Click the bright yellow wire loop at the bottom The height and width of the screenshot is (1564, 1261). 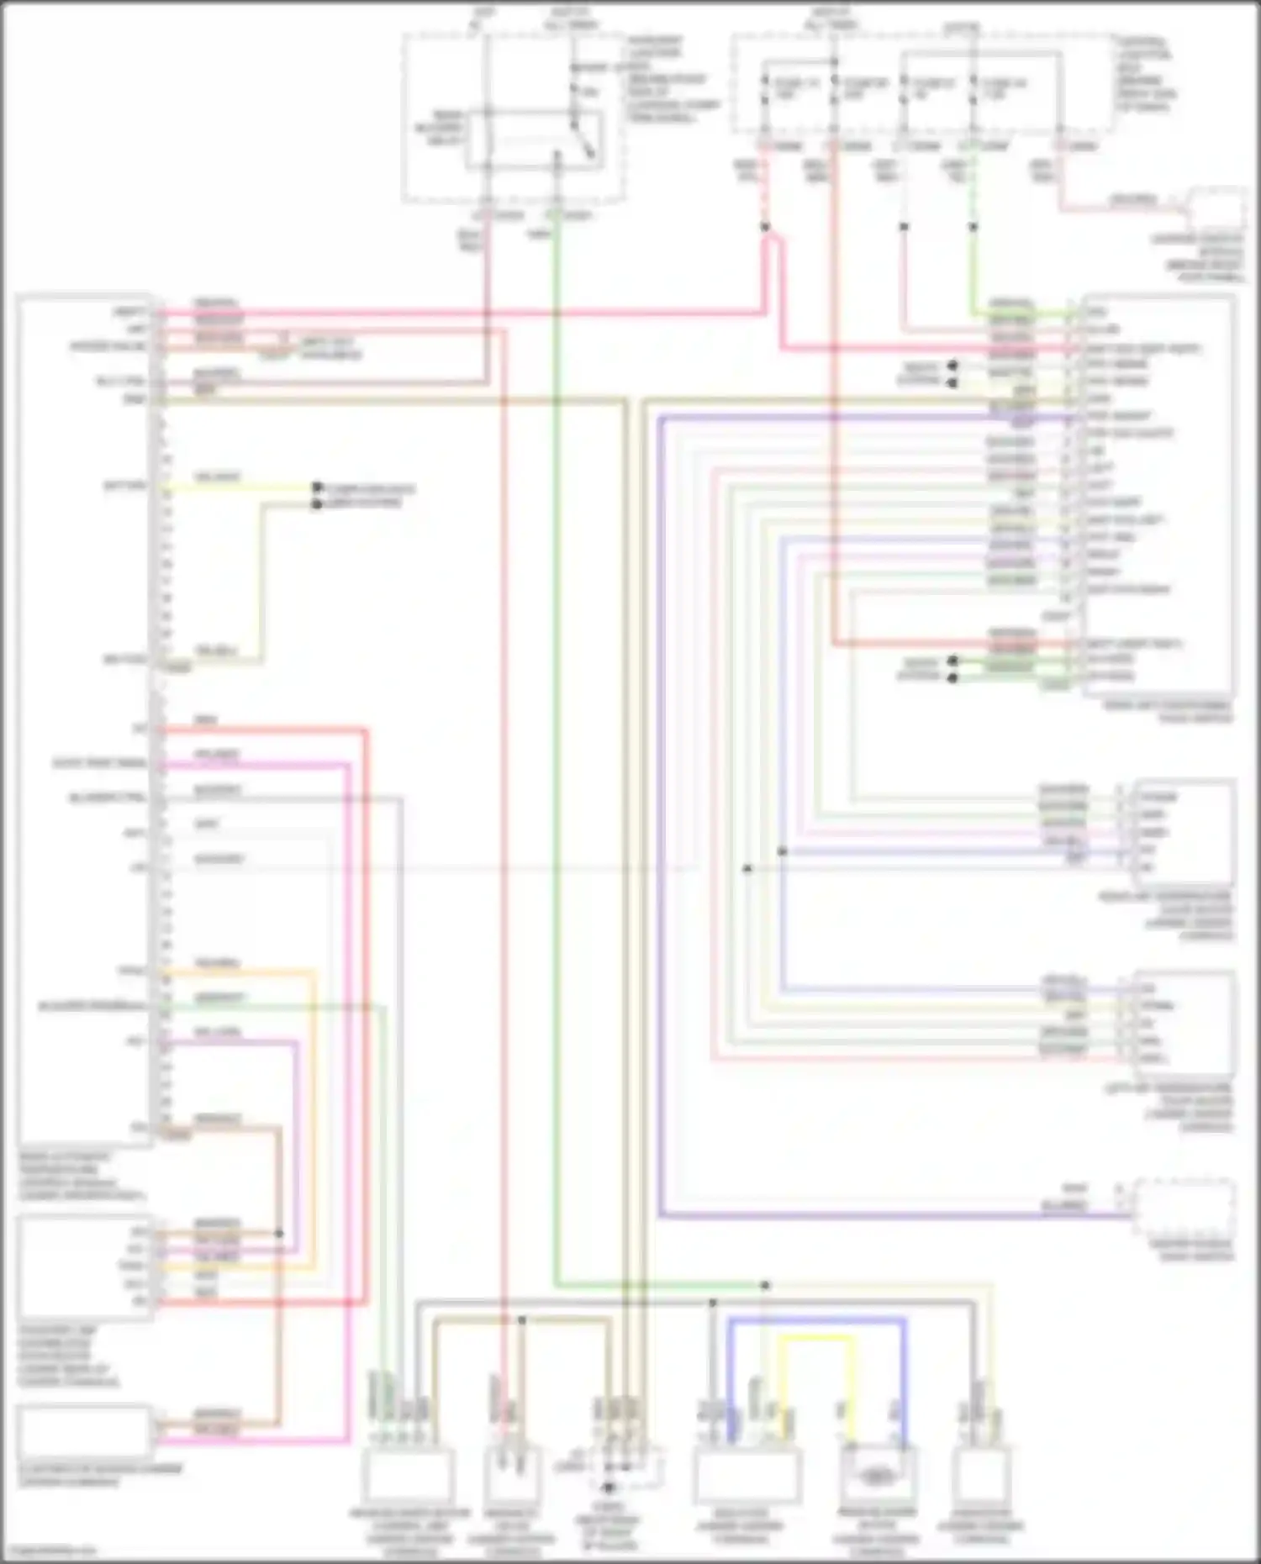[x=815, y=1337]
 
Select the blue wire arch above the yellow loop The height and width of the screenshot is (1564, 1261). [x=815, y=1320]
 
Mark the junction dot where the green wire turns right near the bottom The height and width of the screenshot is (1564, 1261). [x=765, y=1285]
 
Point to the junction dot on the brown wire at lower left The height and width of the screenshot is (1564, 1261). [x=279, y=1234]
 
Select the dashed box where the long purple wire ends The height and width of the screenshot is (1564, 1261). [x=1185, y=1206]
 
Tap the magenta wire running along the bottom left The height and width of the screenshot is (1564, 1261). [x=252, y=1440]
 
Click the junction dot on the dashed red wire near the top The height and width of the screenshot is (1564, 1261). [x=765, y=227]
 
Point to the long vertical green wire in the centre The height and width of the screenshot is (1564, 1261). [x=556, y=756]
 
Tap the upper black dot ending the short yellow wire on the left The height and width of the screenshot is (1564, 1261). [x=317, y=487]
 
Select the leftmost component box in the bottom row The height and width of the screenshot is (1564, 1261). [x=407, y=1476]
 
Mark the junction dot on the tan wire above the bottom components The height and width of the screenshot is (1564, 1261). [x=521, y=1320]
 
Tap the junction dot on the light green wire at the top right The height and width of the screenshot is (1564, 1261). [x=973, y=227]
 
